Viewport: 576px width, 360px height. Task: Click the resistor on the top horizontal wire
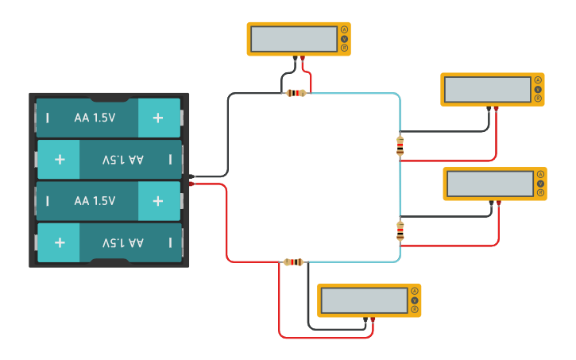pyautogui.click(x=296, y=93)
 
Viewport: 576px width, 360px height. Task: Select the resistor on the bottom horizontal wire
pyautogui.click(x=293, y=261)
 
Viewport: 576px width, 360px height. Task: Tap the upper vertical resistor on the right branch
pyautogui.click(x=400, y=145)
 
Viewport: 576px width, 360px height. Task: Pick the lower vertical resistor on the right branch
pyautogui.click(x=400, y=231)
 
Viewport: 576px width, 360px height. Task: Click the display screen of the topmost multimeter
pyautogui.click(x=293, y=38)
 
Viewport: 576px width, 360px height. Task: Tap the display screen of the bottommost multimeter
pyautogui.click(x=364, y=300)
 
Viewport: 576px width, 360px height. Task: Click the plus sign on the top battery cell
pyautogui.click(x=157, y=118)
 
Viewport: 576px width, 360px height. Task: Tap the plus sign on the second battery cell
pyautogui.click(x=60, y=159)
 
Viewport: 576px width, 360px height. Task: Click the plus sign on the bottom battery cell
pyautogui.click(x=60, y=242)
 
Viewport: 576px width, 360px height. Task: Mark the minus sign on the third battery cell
pyautogui.click(x=48, y=201)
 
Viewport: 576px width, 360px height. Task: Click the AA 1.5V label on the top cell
pyautogui.click(x=95, y=118)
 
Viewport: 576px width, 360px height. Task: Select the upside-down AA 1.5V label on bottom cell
pyautogui.click(x=123, y=242)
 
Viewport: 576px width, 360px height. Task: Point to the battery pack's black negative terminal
pyautogui.click(x=193, y=176)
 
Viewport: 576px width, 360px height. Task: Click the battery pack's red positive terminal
pyautogui.click(x=193, y=184)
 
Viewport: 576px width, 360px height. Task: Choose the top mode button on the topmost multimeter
pyautogui.click(x=344, y=29)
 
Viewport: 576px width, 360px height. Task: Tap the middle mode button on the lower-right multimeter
pyautogui.click(x=540, y=184)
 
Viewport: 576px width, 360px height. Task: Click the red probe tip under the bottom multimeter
pyautogui.click(x=373, y=319)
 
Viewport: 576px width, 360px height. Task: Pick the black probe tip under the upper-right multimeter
pyautogui.click(x=489, y=109)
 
